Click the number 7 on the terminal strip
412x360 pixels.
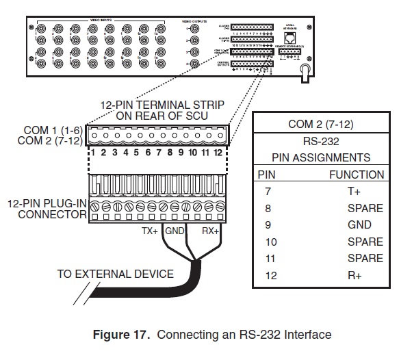tap(159, 153)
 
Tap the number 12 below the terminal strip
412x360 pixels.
tap(218, 153)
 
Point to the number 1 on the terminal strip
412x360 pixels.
tap(92, 153)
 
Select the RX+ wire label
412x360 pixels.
tap(209, 231)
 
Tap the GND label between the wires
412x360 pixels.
tap(176, 231)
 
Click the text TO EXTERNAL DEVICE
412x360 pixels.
tap(115, 274)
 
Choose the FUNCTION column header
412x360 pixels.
tap(356, 175)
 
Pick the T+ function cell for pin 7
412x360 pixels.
tap(355, 192)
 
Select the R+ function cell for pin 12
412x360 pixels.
tap(355, 275)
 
